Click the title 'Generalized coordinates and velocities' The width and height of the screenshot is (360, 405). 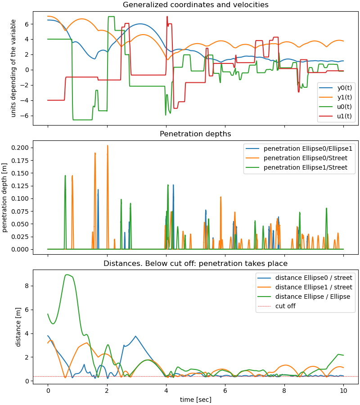coord(195,5)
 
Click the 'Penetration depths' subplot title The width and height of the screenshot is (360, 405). coord(195,134)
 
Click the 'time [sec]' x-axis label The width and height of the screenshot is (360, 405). coord(195,400)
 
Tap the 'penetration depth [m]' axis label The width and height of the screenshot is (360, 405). coord(5,198)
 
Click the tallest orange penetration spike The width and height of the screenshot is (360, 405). coord(108,146)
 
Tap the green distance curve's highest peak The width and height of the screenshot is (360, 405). coord(67,274)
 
